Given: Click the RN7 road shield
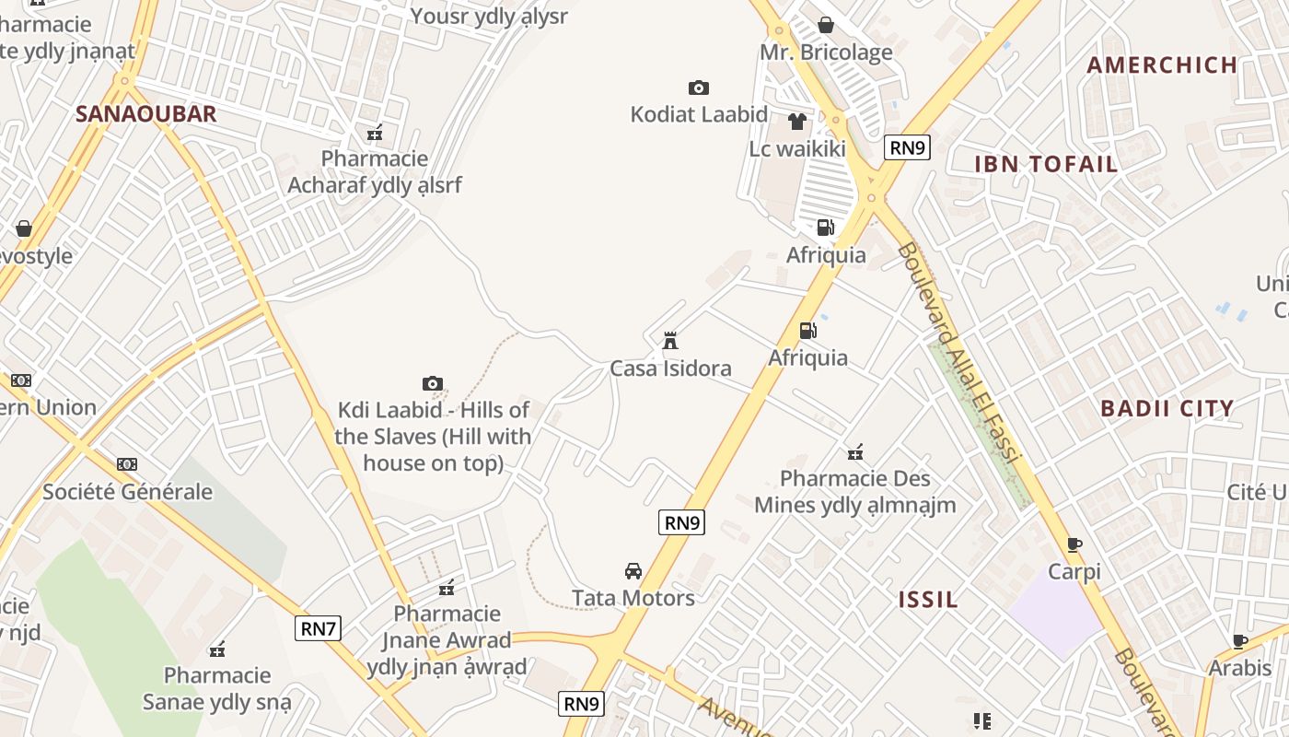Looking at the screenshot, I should pos(319,629).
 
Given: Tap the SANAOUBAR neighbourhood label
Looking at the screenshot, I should pos(145,113).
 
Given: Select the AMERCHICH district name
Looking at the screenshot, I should pos(1162,64).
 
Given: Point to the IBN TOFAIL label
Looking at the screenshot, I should pos(1046,164).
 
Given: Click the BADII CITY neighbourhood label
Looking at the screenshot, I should pos(1167,408).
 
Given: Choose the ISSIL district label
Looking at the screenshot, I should pos(928,600).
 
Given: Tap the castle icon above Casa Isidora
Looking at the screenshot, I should pos(670,341).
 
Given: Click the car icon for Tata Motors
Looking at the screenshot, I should pos(633,570).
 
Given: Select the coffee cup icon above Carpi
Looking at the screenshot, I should pos(1074,544).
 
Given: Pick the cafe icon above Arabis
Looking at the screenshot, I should pos(1240,640).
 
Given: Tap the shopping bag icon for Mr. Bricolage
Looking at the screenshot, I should pos(826,25).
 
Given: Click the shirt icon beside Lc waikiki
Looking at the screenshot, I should pos(797,122).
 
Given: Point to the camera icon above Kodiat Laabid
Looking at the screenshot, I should pos(699,88).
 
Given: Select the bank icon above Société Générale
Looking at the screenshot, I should pos(127,464).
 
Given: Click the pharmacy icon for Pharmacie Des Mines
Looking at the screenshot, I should pos(855,451).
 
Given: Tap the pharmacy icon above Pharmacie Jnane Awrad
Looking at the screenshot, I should pos(447,587).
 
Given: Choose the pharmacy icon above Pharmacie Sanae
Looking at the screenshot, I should pos(217,649).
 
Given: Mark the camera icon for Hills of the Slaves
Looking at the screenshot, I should pos(433,383).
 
